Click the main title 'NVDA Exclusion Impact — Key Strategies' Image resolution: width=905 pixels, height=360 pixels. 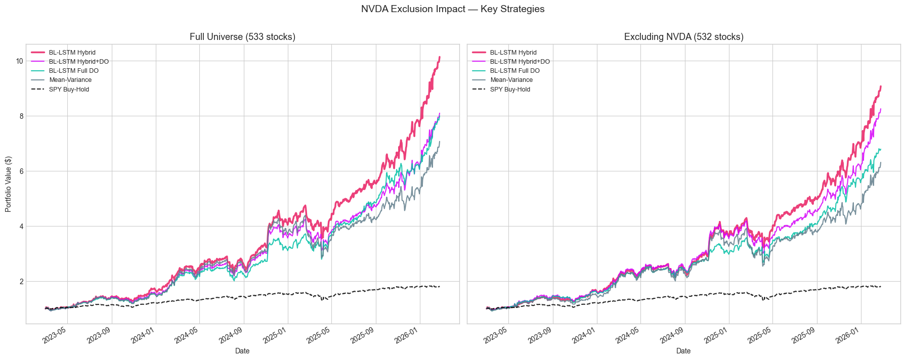click(x=452, y=9)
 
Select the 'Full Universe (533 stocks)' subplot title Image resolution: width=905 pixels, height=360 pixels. click(x=242, y=37)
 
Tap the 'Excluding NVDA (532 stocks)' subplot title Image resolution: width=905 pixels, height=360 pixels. click(x=683, y=37)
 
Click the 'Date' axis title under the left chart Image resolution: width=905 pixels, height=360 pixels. click(x=242, y=351)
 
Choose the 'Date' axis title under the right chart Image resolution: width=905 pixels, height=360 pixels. click(x=683, y=351)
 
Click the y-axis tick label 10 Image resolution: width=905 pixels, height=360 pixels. click(x=19, y=61)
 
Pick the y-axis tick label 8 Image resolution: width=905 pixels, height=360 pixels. click(x=21, y=116)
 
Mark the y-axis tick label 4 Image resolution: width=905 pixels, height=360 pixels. click(x=21, y=227)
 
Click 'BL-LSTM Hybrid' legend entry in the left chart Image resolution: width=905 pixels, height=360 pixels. click(x=72, y=53)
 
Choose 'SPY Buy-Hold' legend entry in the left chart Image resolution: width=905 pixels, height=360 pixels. click(x=69, y=89)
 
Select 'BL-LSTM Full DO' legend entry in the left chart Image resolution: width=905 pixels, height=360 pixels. click(x=73, y=71)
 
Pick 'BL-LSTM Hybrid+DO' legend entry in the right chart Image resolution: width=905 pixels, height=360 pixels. click(x=520, y=62)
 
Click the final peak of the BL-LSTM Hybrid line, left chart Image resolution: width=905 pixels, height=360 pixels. click(x=440, y=57)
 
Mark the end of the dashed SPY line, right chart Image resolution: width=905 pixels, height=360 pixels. click(x=881, y=287)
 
